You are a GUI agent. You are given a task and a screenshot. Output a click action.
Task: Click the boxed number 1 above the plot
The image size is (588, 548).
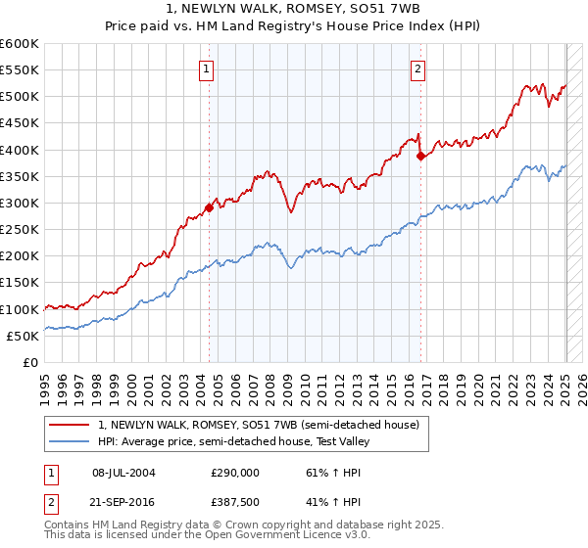tap(208, 68)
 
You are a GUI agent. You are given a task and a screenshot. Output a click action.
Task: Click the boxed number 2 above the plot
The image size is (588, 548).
tap(418, 68)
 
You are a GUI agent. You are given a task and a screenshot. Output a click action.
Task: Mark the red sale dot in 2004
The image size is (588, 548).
tap(209, 207)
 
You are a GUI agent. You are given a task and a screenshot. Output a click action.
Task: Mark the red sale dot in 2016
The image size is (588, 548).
tap(420, 156)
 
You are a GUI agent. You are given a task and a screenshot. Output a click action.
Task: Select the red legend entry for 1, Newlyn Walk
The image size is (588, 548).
tap(259, 425)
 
